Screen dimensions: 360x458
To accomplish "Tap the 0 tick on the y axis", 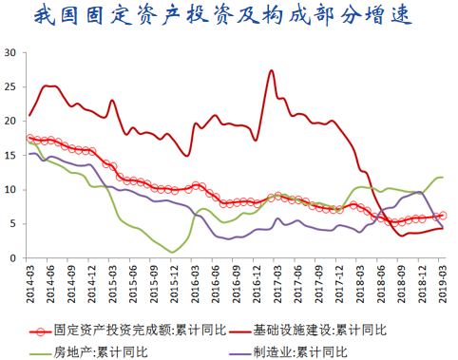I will [x=12, y=258].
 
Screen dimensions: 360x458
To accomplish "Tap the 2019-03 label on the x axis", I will [x=443, y=281].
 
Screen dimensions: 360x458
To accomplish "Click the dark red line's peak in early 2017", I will [x=272, y=70].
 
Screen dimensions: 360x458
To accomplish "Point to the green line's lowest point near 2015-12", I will [x=172, y=252].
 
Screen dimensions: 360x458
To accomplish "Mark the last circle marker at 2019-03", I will [x=443, y=216].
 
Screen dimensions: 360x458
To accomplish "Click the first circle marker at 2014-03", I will [x=29, y=138].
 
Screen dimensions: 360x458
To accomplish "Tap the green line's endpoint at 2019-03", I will [x=443, y=178].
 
